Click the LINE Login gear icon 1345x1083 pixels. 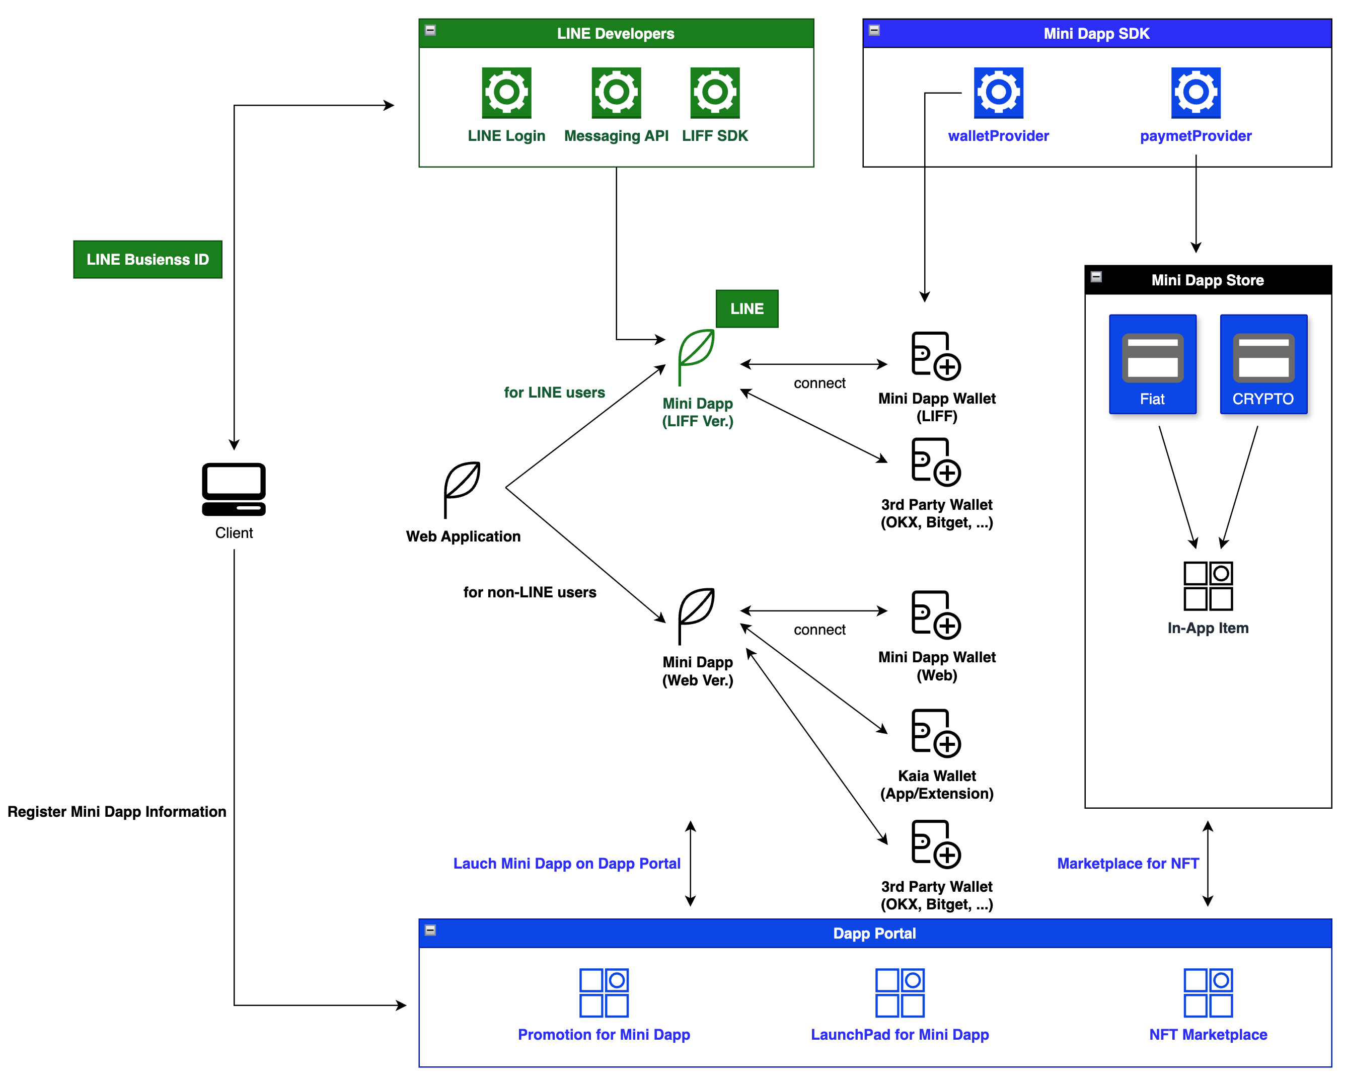(506, 92)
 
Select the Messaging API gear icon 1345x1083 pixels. (616, 92)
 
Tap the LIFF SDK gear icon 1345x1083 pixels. (714, 92)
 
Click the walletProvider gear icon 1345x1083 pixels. (998, 92)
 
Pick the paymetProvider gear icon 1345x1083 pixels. (1195, 92)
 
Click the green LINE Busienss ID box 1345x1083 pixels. (148, 260)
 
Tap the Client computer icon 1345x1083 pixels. (234, 489)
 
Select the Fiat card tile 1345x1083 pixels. (1152, 364)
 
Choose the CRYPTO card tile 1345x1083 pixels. (1263, 364)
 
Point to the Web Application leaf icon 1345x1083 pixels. (462, 489)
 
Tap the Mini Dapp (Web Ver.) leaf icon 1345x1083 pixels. (696, 615)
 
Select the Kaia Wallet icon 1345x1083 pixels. (936, 733)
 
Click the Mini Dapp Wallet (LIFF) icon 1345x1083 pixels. (936, 356)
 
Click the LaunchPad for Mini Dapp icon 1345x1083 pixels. (900, 992)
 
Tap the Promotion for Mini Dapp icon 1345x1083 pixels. (604, 992)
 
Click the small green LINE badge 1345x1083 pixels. (746, 309)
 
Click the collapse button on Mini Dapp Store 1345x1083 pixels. (1096, 276)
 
